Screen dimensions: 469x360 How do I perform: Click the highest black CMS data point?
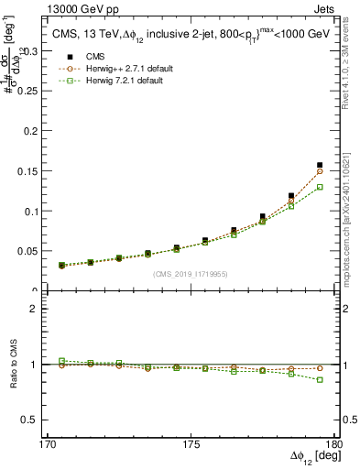pyautogui.click(x=320, y=165)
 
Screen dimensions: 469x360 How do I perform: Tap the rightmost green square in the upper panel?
pyautogui.click(x=320, y=187)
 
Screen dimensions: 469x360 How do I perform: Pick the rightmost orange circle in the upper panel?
pyautogui.click(x=320, y=171)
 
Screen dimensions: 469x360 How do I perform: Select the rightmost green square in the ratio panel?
pyautogui.click(x=320, y=379)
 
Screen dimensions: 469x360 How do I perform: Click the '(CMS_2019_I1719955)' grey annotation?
pyautogui.click(x=191, y=273)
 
